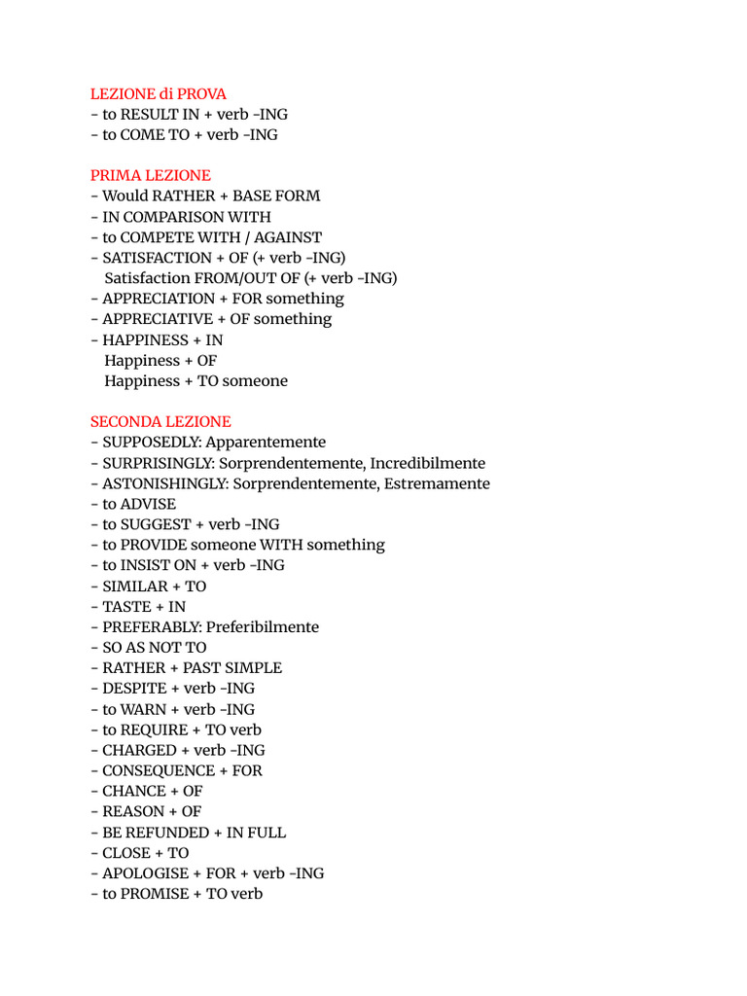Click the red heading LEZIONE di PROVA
158,93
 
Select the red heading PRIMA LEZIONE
150,175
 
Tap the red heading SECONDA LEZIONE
160,422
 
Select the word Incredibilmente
424,463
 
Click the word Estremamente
433,483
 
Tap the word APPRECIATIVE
157,319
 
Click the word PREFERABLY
151,627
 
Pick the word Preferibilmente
263,627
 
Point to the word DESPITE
135,689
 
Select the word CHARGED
139,750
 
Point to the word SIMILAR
134,587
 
